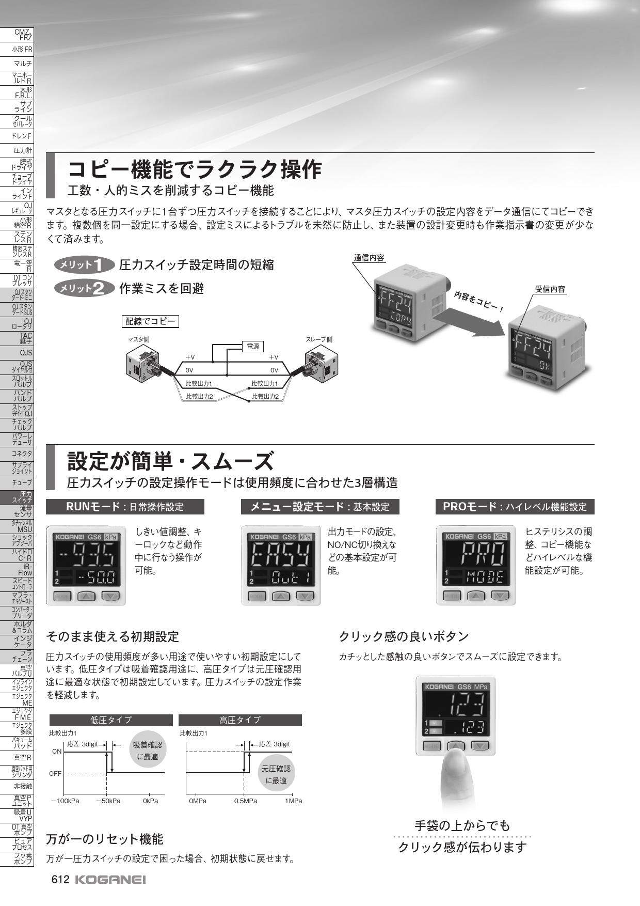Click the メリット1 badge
[x=85, y=265]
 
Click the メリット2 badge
[x=85, y=288]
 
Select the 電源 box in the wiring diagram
[x=253, y=347]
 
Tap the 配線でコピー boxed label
[x=150, y=322]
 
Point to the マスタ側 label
[x=138, y=339]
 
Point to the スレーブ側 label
[x=319, y=339]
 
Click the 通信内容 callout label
[x=369, y=258]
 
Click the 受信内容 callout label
[x=550, y=289]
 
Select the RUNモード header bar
[x=125, y=507]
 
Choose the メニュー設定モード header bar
[x=321, y=507]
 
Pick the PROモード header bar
[x=515, y=507]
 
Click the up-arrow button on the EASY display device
[x=281, y=596]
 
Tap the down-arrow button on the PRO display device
[x=500, y=596]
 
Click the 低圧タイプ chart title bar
[x=111, y=720]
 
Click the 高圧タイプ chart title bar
[x=240, y=720]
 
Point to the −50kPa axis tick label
[x=108, y=801]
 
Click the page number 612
[x=60, y=881]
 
